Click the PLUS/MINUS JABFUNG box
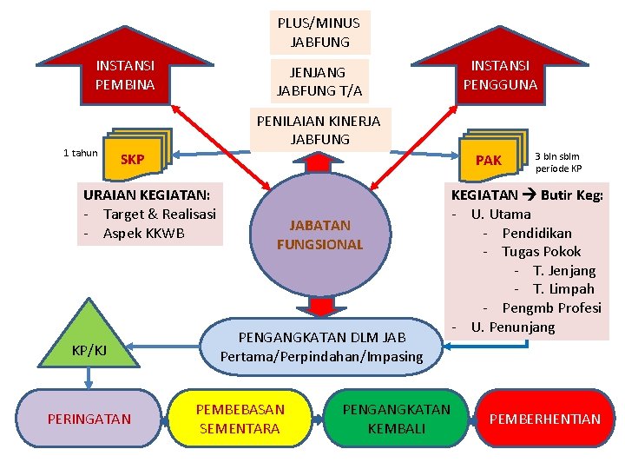(319, 32)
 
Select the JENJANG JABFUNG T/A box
(319, 81)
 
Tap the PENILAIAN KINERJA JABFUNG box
(319, 129)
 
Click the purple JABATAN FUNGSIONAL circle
(319, 235)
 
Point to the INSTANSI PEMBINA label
(125, 76)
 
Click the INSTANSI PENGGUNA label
(500, 76)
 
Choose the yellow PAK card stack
(491, 156)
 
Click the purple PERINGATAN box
(89, 419)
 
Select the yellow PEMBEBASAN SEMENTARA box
(240, 419)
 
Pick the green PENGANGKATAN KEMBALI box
(397, 419)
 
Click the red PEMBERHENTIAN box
(544, 419)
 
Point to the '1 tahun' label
(81, 154)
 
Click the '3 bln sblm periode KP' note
(558, 162)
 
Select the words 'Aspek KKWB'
(143, 234)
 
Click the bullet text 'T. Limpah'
(563, 289)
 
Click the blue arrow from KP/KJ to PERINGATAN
(89, 376)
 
